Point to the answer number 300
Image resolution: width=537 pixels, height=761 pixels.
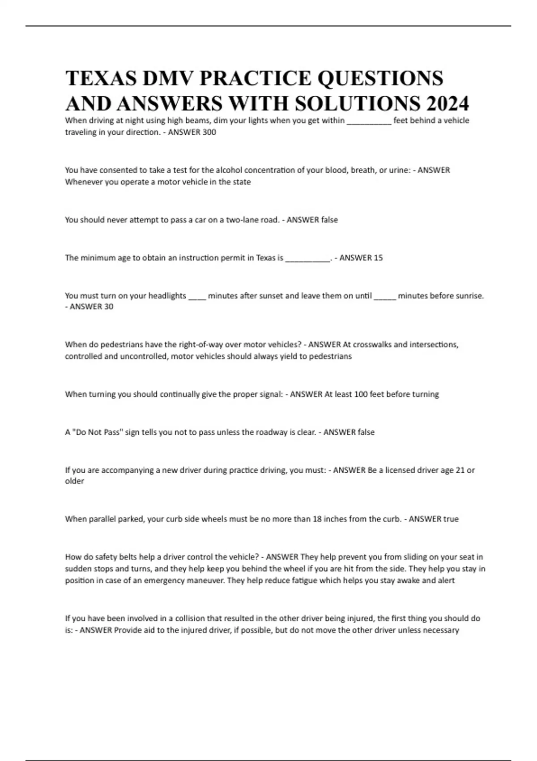[x=209, y=132]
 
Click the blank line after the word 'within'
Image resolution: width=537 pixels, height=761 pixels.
[x=369, y=120]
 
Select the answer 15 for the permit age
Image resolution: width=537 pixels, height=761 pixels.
[x=378, y=258]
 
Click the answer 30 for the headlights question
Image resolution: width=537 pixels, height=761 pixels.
[x=108, y=307]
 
